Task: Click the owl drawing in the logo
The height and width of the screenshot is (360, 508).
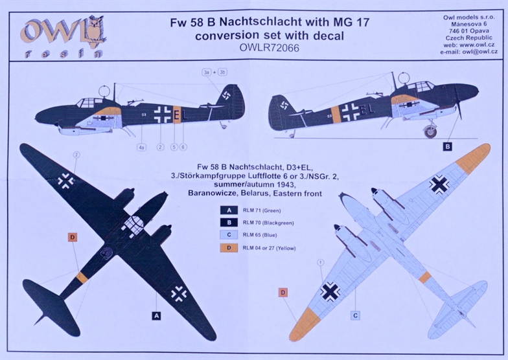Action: tap(96, 30)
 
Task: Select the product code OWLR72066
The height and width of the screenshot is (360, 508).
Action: tap(270, 48)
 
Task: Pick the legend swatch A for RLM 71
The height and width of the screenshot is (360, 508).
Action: tap(229, 210)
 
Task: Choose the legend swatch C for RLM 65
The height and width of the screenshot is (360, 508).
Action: tap(229, 235)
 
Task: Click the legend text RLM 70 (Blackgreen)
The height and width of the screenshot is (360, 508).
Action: tap(268, 223)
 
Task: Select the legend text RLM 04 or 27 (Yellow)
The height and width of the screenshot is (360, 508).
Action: tap(270, 249)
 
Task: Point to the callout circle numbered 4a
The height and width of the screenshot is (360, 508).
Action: tap(141, 148)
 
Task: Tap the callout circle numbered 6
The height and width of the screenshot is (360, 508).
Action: tap(183, 148)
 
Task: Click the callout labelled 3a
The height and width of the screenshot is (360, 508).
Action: tap(206, 73)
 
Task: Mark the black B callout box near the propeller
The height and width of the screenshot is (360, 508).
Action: tap(447, 146)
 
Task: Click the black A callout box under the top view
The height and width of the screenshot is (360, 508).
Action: tap(157, 316)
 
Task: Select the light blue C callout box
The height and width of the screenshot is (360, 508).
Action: tap(355, 315)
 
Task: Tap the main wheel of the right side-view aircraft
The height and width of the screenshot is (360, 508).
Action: tap(430, 131)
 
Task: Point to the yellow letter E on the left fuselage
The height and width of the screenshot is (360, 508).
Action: tap(176, 115)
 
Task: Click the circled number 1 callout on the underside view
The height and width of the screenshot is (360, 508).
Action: tap(320, 263)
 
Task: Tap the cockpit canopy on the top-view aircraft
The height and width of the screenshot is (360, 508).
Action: tap(133, 224)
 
